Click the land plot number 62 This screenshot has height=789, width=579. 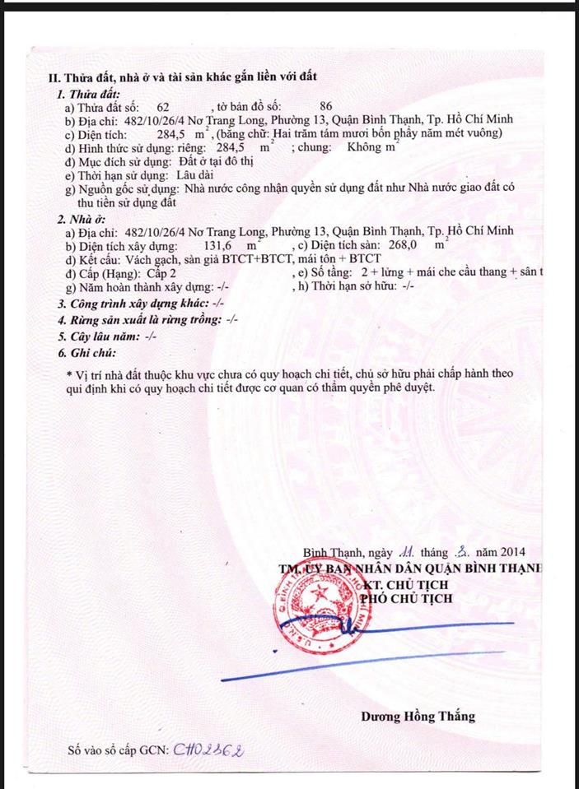tap(162, 108)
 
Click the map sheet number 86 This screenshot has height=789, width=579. tap(325, 108)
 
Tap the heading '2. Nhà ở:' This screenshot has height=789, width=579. tap(82, 219)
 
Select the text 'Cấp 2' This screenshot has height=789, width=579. tap(161, 273)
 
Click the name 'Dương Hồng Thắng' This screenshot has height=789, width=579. tap(418, 716)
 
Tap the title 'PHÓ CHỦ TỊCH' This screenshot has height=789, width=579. tap(406, 598)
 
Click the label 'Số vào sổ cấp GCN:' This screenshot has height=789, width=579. tap(118, 750)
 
